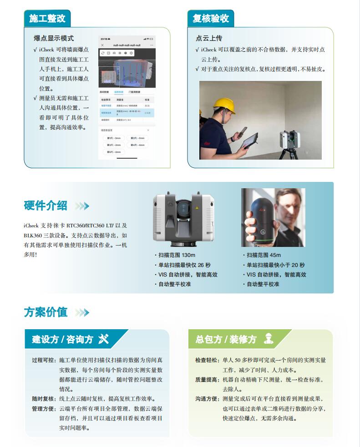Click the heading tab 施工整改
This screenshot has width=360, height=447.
click(47, 19)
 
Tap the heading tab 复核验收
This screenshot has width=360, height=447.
click(210, 19)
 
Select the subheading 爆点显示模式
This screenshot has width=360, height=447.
click(54, 38)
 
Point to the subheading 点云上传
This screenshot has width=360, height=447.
click(209, 38)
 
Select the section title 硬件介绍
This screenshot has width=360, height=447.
click(46, 206)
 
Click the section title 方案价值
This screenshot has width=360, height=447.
click(46, 312)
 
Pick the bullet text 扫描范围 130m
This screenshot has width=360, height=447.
click(177, 255)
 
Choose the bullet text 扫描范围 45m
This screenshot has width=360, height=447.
click(264, 255)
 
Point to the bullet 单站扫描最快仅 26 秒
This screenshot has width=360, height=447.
click(184, 265)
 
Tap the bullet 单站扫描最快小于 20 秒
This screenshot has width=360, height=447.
click(275, 265)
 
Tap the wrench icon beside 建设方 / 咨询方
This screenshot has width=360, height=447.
click(103, 339)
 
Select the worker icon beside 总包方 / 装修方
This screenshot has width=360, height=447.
click(269, 339)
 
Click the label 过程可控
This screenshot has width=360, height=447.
click(44, 360)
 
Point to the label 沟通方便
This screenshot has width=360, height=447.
click(207, 399)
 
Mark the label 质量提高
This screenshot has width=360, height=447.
click(207, 380)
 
